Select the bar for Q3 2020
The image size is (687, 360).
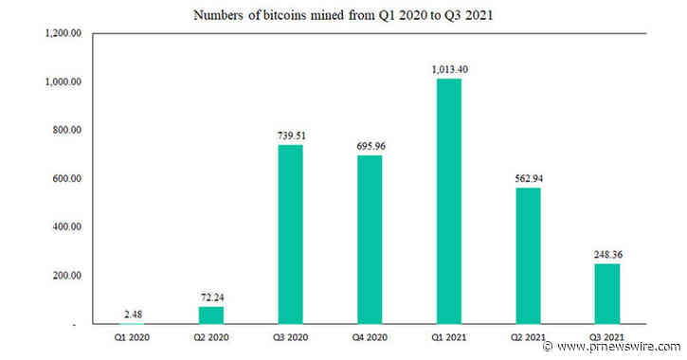coord(290,234)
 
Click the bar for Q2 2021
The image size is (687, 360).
coord(528,256)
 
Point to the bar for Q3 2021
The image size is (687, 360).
coord(607,294)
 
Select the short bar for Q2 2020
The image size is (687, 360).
coord(210,315)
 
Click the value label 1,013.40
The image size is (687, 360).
coord(449,69)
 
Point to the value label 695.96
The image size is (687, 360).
coord(370,146)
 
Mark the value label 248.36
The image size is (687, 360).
coord(607,255)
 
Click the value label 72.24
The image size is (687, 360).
coord(210,297)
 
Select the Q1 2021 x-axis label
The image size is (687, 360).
coord(449,336)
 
